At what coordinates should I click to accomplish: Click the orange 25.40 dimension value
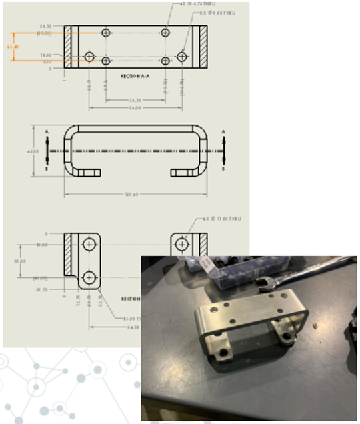point(13,47)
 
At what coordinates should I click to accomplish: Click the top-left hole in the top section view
point(106,33)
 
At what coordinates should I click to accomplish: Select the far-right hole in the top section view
point(182,57)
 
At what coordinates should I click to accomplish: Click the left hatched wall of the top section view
point(68,46)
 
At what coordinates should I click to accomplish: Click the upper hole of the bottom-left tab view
point(89,245)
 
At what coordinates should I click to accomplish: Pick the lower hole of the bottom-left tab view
point(89,277)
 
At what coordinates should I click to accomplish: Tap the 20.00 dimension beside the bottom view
point(23,261)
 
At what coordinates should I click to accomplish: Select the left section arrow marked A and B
point(47,151)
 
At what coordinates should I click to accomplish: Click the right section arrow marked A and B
point(223,151)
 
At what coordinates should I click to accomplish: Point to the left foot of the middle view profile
point(87,173)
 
